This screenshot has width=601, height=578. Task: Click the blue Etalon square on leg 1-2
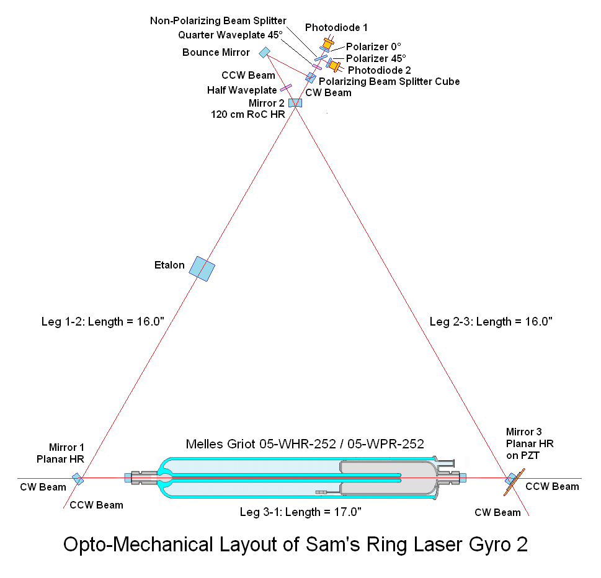click(x=202, y=268)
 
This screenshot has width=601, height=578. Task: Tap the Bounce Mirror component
click(x=265, y=52)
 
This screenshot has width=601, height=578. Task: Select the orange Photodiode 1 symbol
click(x=327, y=44)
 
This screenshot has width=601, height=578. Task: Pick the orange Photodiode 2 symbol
click(x=336, y=65)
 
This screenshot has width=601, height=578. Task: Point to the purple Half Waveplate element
click(x=286, y=88)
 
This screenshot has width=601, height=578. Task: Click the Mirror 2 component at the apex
click(x=295, y=102)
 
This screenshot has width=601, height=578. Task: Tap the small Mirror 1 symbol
click(x=78, y=478)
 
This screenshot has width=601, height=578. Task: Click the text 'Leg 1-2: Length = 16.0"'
click(x=102, y=321)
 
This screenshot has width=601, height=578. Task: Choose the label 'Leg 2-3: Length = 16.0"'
click(x=491, y=321)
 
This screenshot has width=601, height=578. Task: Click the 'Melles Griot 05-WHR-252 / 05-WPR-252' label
click(x=305, y=444)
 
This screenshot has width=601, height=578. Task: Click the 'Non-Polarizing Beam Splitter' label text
click(x=218, y=20)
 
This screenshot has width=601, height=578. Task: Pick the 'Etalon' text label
click(x=169, y=265)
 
